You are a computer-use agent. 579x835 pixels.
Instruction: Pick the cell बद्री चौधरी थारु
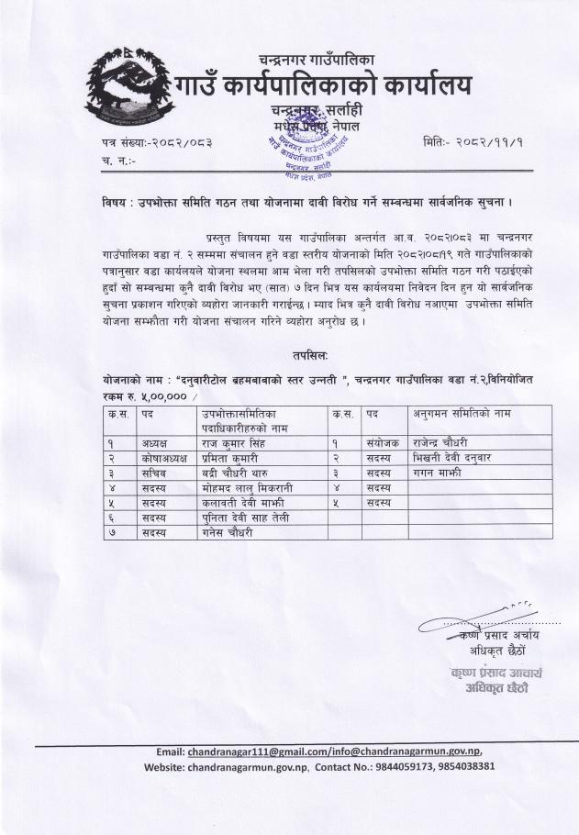pos(241,473)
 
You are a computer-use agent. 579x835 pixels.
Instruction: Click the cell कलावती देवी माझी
pos(244,503)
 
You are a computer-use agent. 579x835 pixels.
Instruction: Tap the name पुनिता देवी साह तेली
pos(248,518)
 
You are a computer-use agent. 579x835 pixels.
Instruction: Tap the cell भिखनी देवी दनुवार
pos(453,457)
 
